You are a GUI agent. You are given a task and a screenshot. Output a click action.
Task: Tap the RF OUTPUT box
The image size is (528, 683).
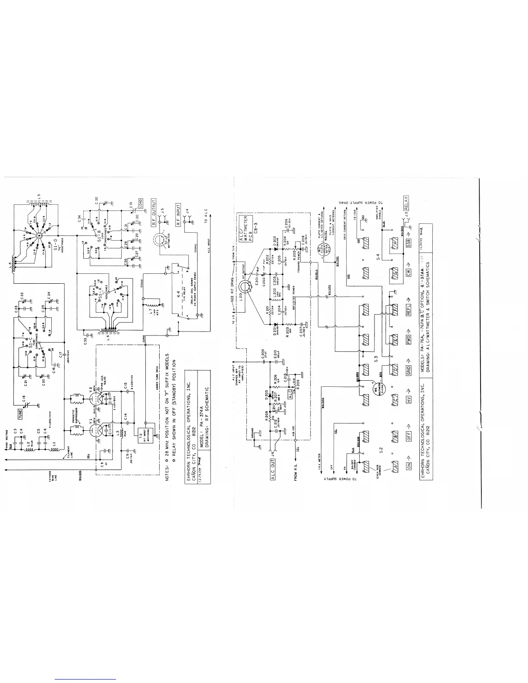(154, 210)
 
